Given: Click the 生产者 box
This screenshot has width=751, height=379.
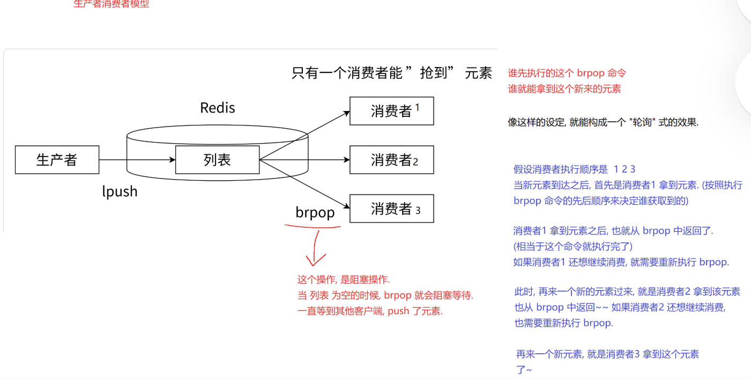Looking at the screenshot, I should click(x=57, y=160).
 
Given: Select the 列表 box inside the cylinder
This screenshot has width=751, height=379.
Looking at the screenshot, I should click(x=217, y=160).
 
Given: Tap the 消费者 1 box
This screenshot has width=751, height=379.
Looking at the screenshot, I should click(x=391, y=111).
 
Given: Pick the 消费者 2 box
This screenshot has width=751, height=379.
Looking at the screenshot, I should click(x=391, y=160).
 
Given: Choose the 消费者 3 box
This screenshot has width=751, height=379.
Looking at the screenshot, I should click(x=391, y=209).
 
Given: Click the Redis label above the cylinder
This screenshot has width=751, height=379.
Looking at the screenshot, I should click(x=217, y=108).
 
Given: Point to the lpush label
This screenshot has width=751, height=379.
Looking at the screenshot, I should click(x=120, y=191).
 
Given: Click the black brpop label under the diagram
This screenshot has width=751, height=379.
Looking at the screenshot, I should click(x=315, y=212).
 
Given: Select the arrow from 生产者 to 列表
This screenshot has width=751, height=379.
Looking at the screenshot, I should click(x=137, y=160).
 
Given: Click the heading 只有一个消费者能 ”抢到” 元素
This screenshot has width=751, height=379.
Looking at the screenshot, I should click(x=391, y=73).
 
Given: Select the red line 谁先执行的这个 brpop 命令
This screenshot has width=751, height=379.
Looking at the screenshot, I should click(x=567, y=73).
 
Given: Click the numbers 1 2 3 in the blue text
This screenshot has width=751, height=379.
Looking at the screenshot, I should click(x=624, y=170).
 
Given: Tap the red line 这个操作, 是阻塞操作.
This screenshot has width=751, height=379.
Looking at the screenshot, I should click(x=344, y=280).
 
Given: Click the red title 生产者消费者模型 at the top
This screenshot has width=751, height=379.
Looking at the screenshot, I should click(x=111, y=4).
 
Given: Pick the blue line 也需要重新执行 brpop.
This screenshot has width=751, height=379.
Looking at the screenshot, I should click(x=563, y=323).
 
